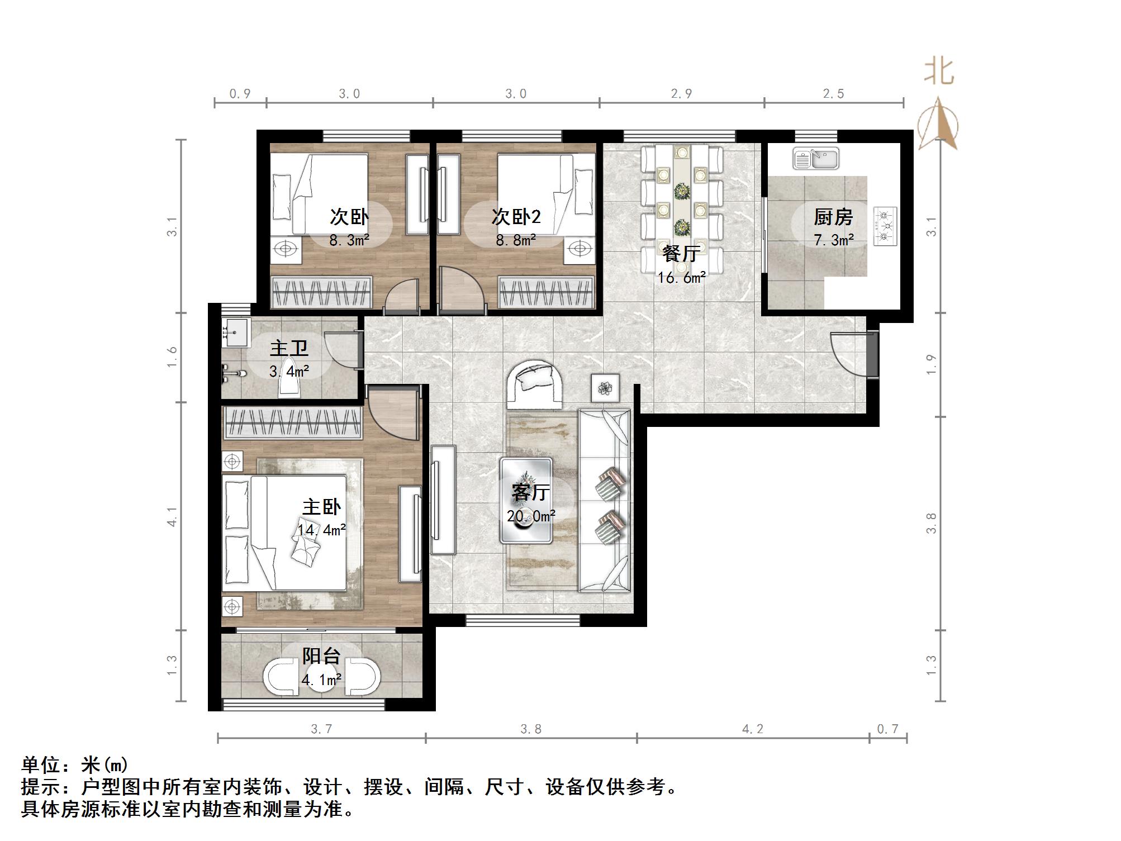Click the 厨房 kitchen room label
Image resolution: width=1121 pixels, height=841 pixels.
coord(833,217)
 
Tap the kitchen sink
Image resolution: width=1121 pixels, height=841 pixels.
coord(816,159)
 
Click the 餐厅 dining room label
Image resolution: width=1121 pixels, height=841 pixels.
coord(681,254)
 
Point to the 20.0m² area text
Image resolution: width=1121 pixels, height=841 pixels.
coord(531,516)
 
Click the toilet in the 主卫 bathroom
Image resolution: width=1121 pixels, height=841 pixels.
coord(290,386)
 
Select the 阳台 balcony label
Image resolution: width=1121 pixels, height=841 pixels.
coord(321,656)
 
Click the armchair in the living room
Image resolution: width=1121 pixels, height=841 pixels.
coord(534,384)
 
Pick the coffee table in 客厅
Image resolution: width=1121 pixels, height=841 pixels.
coord(526,500)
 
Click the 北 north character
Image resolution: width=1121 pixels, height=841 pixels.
coord(939,73)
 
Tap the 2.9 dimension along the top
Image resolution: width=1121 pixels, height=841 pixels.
coord(681,94)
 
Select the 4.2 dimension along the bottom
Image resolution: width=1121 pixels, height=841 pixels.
coord(752,729)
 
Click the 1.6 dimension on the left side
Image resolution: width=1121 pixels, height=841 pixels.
coord(172,357)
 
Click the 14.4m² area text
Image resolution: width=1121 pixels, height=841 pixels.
coord(321,529)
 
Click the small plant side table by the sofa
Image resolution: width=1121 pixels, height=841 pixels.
coord(605,387)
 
